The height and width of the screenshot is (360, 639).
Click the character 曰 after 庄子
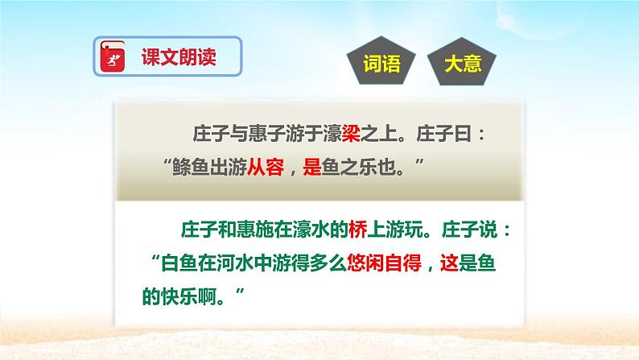pos(480,132)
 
